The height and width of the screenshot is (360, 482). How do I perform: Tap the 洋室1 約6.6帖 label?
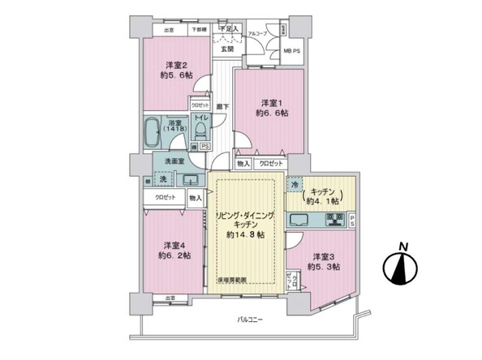[270, 108]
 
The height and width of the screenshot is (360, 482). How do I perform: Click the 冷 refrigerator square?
[295, 185]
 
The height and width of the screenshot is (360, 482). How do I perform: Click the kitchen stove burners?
[335, 218]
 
